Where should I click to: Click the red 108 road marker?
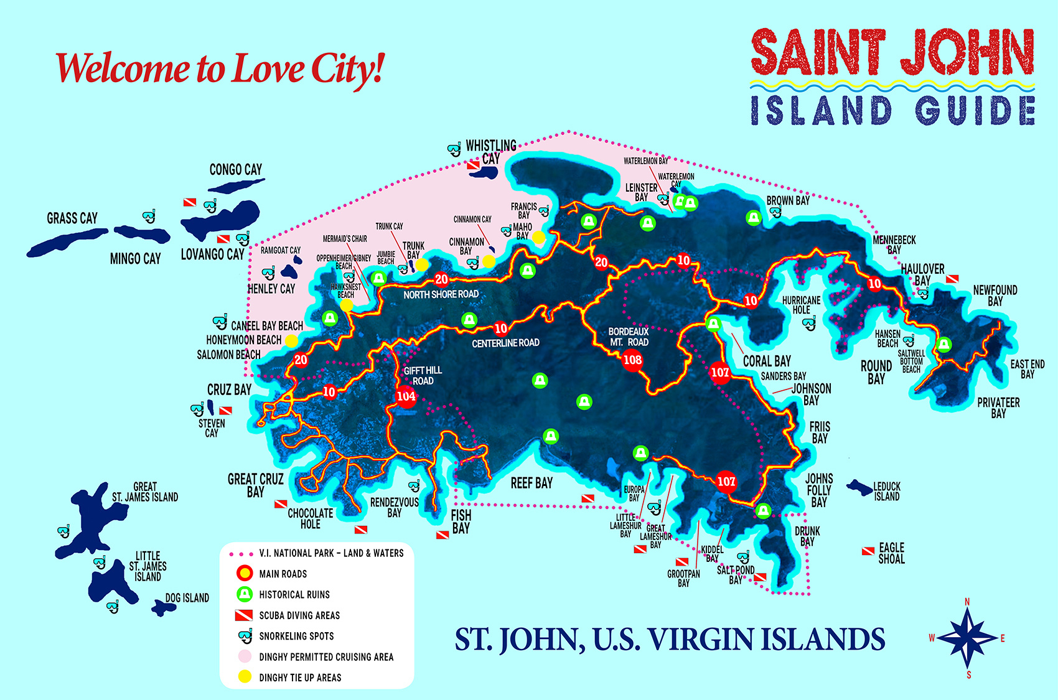632,360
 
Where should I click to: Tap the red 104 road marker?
406,396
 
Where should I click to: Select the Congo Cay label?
235,169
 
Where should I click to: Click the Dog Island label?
187,598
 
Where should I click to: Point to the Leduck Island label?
887,492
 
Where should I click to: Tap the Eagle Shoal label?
891,553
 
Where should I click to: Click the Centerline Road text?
505,343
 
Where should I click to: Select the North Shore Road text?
441,294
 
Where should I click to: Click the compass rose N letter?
967,602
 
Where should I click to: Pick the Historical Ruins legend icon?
245,594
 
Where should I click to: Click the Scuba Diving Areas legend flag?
243,615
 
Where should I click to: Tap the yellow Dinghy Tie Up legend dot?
245,677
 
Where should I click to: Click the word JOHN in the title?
967,53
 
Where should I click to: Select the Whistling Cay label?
490,152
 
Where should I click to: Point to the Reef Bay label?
531,483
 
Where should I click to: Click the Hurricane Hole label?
801,305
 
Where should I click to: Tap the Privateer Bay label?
998,408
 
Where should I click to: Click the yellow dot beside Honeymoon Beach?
291,340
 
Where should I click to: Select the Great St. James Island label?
145,492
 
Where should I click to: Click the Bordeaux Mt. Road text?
629,337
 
